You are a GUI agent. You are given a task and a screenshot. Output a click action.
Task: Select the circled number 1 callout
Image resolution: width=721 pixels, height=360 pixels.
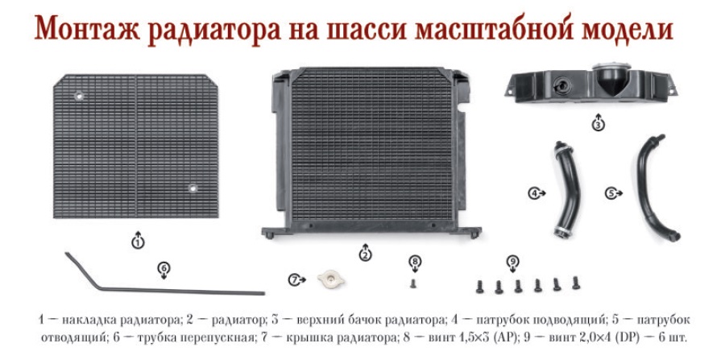tap(138, 242)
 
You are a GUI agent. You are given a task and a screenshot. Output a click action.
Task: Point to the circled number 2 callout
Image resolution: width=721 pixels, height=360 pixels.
tap(365, 254)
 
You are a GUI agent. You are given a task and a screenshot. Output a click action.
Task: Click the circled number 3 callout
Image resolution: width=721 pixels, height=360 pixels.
tap(598, 124)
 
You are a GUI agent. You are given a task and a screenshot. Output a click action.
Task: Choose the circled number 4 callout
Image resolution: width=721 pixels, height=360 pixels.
tap(533, 193)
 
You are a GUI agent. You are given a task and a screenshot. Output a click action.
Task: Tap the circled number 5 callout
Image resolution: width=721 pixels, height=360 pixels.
tap(611, 193)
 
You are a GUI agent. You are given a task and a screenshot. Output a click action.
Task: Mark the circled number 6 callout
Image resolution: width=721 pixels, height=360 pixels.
tap(164, 267)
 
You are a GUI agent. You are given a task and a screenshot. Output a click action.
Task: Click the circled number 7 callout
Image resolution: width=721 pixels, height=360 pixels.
tap(294, 279)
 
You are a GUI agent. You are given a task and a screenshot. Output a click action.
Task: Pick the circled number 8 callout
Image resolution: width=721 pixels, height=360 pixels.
tap(415, 262)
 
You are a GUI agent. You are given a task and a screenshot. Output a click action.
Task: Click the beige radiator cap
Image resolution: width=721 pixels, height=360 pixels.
tap(331, 279)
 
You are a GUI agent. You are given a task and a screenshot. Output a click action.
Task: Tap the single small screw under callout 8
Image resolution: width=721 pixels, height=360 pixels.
tap(413, 283)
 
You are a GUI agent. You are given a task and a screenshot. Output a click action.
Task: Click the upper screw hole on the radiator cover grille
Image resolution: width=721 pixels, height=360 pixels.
tap(79, 97)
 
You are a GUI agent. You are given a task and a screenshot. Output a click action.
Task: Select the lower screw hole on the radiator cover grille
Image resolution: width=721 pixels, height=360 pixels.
tap(193, 188)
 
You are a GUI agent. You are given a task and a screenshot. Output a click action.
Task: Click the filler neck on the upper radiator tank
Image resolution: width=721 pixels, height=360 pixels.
tap(611, 78)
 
